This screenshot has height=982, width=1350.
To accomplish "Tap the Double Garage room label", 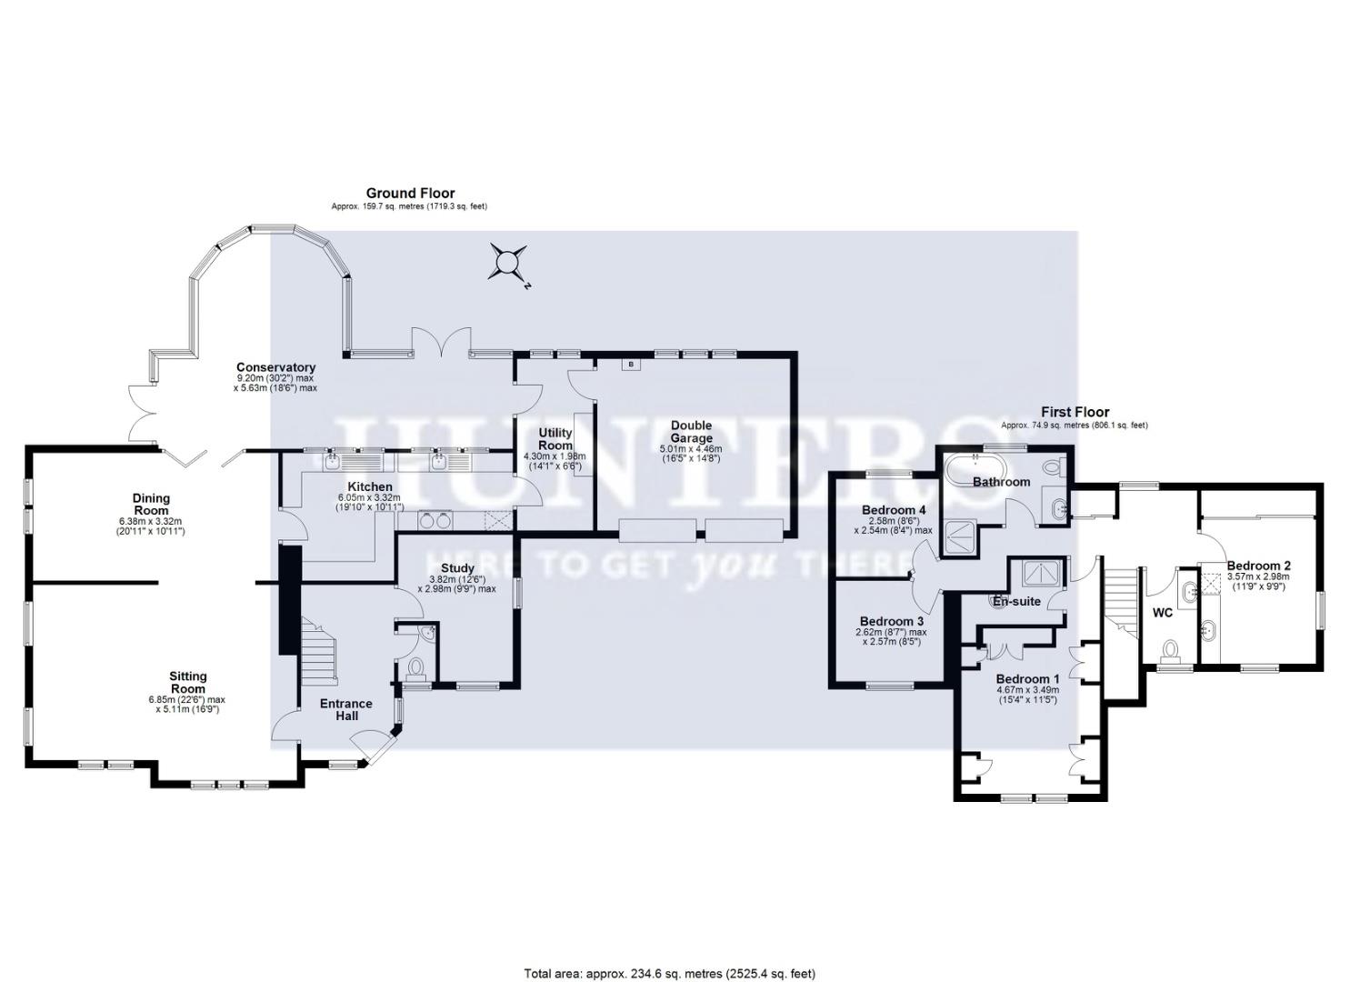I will coord(691,431).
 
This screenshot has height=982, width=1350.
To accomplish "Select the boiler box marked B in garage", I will coord(628,365).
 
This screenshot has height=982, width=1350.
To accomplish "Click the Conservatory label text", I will coord(275,367).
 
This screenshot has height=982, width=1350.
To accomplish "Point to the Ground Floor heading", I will coord(410,193).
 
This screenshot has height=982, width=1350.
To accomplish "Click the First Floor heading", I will coord(1075,412).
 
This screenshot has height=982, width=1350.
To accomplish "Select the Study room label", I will coord(456,568).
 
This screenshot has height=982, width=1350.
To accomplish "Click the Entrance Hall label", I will coord(345,709).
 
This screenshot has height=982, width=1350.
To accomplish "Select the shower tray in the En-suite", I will coord(1035,573).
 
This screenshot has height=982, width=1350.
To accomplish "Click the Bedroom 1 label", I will coord(1027,679).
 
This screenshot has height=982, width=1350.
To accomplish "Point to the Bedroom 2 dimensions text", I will coord(1258,582).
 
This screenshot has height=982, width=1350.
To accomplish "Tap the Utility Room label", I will coord(555,438).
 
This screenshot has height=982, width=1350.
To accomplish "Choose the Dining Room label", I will coord(151,504).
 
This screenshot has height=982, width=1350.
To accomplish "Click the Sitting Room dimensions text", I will coord(187,704).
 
